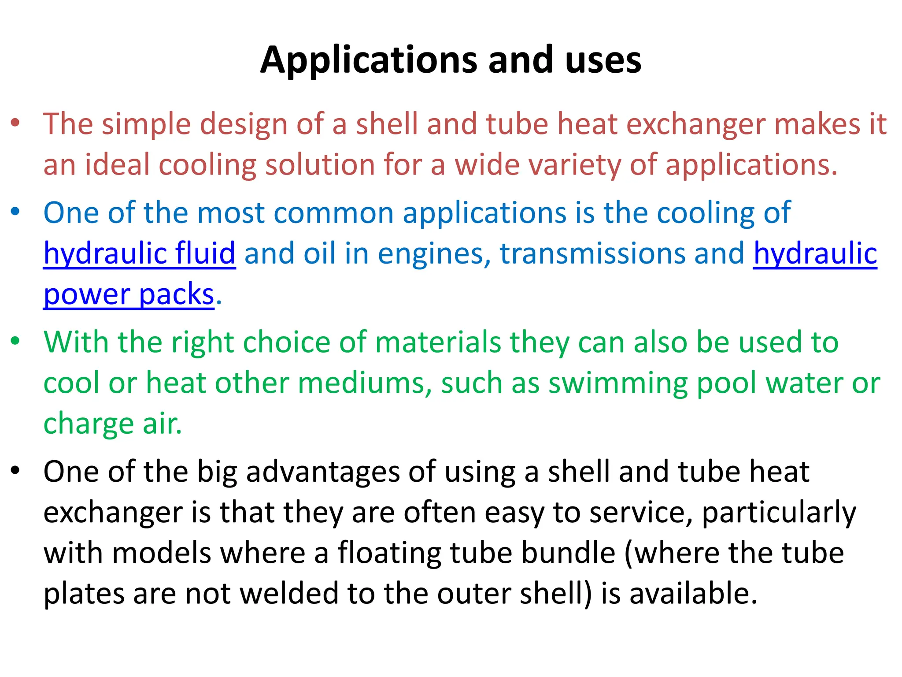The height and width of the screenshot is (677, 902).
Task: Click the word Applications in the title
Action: tap(369, 60)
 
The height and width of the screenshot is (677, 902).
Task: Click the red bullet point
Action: tap(15, 123)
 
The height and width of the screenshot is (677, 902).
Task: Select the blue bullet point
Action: tap(15, 212)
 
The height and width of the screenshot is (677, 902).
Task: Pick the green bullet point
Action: tap(15, 341)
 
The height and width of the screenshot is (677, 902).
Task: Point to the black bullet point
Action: tap(15, 470)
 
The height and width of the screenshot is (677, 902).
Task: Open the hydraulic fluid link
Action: tap(140, 253)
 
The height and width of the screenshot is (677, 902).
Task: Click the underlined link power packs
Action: tap(129, 294)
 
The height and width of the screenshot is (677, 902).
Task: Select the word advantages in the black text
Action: tap(322, 472)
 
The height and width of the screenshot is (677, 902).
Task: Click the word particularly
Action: tap(779, 513)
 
